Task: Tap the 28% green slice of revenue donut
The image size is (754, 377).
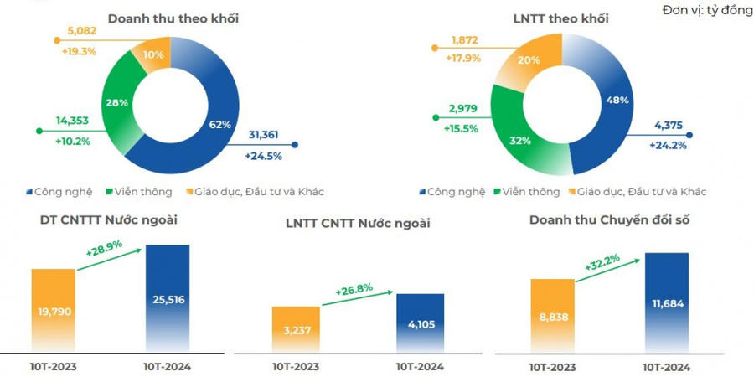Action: pos(116,101)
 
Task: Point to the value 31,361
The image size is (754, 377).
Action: pos(263,135)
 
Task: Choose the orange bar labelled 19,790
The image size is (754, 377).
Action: pos(54,310)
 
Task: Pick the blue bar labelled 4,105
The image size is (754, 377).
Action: pos(420,323)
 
